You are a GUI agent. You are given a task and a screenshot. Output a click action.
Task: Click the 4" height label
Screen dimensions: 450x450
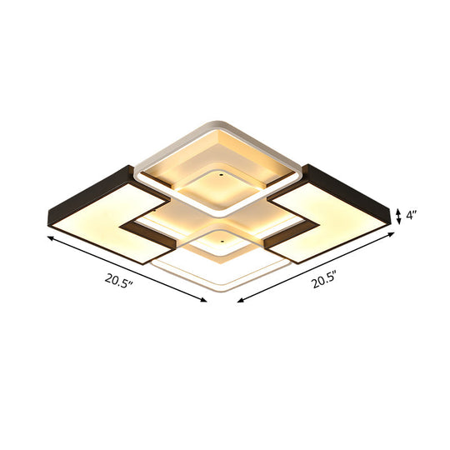[412, 215]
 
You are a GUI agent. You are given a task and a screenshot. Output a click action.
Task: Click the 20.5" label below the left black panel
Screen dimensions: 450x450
[117, 281]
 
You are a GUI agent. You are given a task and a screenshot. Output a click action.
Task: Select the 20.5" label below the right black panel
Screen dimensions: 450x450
[325, 282]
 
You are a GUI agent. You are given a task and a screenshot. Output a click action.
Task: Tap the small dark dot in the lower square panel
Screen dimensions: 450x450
[222, 237]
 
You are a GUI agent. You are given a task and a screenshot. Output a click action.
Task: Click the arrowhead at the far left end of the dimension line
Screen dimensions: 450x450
[48, 238]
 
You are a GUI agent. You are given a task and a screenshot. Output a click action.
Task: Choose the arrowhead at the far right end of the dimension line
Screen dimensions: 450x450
[391, 236]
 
